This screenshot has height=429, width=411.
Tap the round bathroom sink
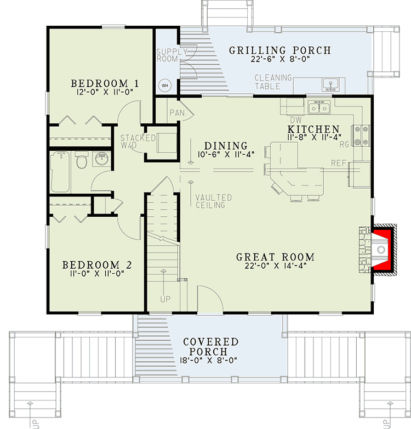(x=101, y=160)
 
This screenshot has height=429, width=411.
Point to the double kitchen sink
(x=318, y=108)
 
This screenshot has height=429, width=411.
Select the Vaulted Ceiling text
(x=213, y=201)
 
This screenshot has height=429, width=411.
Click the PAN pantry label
(x=176, y=113)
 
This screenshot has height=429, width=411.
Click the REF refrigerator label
(x=338, y=163)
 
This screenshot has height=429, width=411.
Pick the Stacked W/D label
(x=138, y=142)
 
